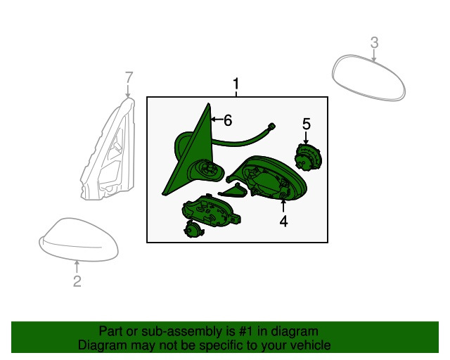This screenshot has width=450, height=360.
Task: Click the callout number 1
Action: [236, 84]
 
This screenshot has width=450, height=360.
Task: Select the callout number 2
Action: [77, 281]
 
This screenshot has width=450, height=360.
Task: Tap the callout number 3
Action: [374, 42]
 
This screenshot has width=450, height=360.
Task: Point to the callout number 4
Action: [283, 221]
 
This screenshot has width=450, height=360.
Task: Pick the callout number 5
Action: [307, 124]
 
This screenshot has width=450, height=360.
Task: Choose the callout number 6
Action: [228, 120]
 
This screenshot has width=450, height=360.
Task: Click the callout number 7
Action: [129, 77]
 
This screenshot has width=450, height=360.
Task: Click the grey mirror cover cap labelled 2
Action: [79, 240]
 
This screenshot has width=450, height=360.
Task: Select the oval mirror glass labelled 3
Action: [368, 77]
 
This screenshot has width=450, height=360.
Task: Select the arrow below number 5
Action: [306, 138]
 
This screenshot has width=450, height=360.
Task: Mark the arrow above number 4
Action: [283, 207]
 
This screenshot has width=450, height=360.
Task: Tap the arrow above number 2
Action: [77, 266]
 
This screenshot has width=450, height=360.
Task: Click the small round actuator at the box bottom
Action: [194, 229]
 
